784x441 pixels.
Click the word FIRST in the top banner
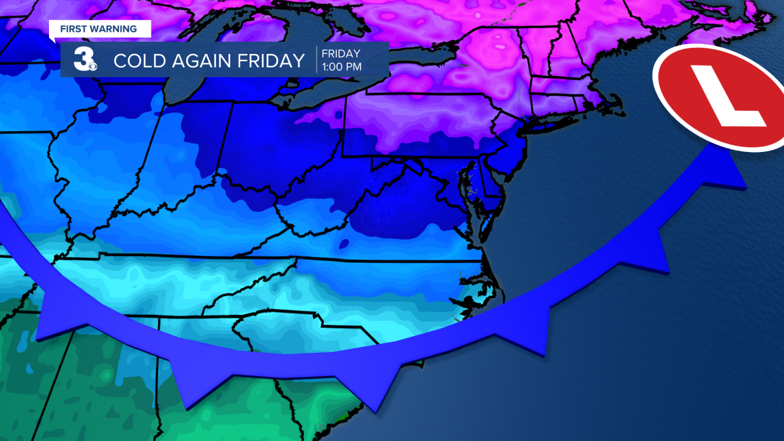click(72, 29)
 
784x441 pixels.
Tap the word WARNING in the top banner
click(115, 29)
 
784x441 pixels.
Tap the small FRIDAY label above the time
click(342, 54)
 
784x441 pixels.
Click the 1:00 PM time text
click(342, 67)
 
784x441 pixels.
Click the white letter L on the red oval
click(728, 96)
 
